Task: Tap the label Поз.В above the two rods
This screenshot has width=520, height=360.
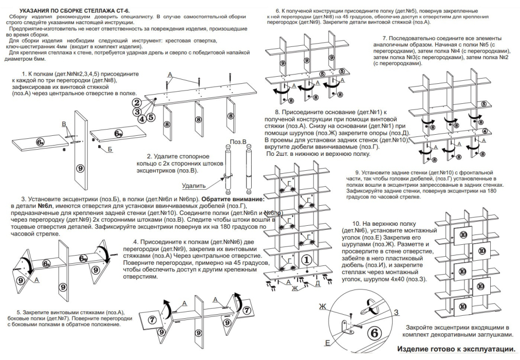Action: [x=238, y=141]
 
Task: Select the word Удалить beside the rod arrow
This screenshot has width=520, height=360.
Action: [x=194, y=186]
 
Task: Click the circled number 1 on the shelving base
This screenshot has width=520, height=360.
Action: [x=307, y=260]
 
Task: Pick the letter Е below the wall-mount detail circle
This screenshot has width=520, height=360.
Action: [x=327, y=343]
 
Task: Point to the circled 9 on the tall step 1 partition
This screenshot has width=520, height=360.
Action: [x=80, y=167]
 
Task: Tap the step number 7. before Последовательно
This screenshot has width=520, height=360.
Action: [x=385, y=39]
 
